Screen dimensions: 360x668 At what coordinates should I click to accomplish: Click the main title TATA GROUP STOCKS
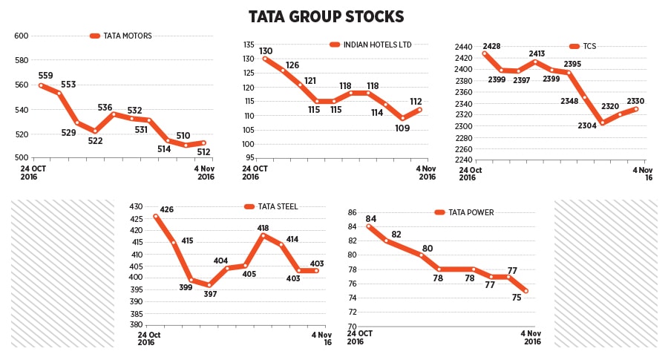[x=326, y=16]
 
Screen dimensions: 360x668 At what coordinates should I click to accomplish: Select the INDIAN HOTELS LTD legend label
[x=376, y=45]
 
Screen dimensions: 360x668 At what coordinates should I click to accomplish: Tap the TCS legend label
[x=589, y=46]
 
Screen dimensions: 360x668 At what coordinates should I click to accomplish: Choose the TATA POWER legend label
[x=471, y=212]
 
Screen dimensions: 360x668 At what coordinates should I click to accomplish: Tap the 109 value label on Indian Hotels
[x=403, y=128]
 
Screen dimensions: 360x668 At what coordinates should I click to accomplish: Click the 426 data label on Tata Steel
[x=167, y=209]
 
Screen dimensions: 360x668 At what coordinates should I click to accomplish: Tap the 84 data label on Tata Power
[x=371, y=218]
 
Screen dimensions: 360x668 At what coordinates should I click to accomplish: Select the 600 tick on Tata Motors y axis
[x=21, y=36]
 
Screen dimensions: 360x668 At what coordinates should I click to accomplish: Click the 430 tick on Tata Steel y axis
[x=135, y=206]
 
